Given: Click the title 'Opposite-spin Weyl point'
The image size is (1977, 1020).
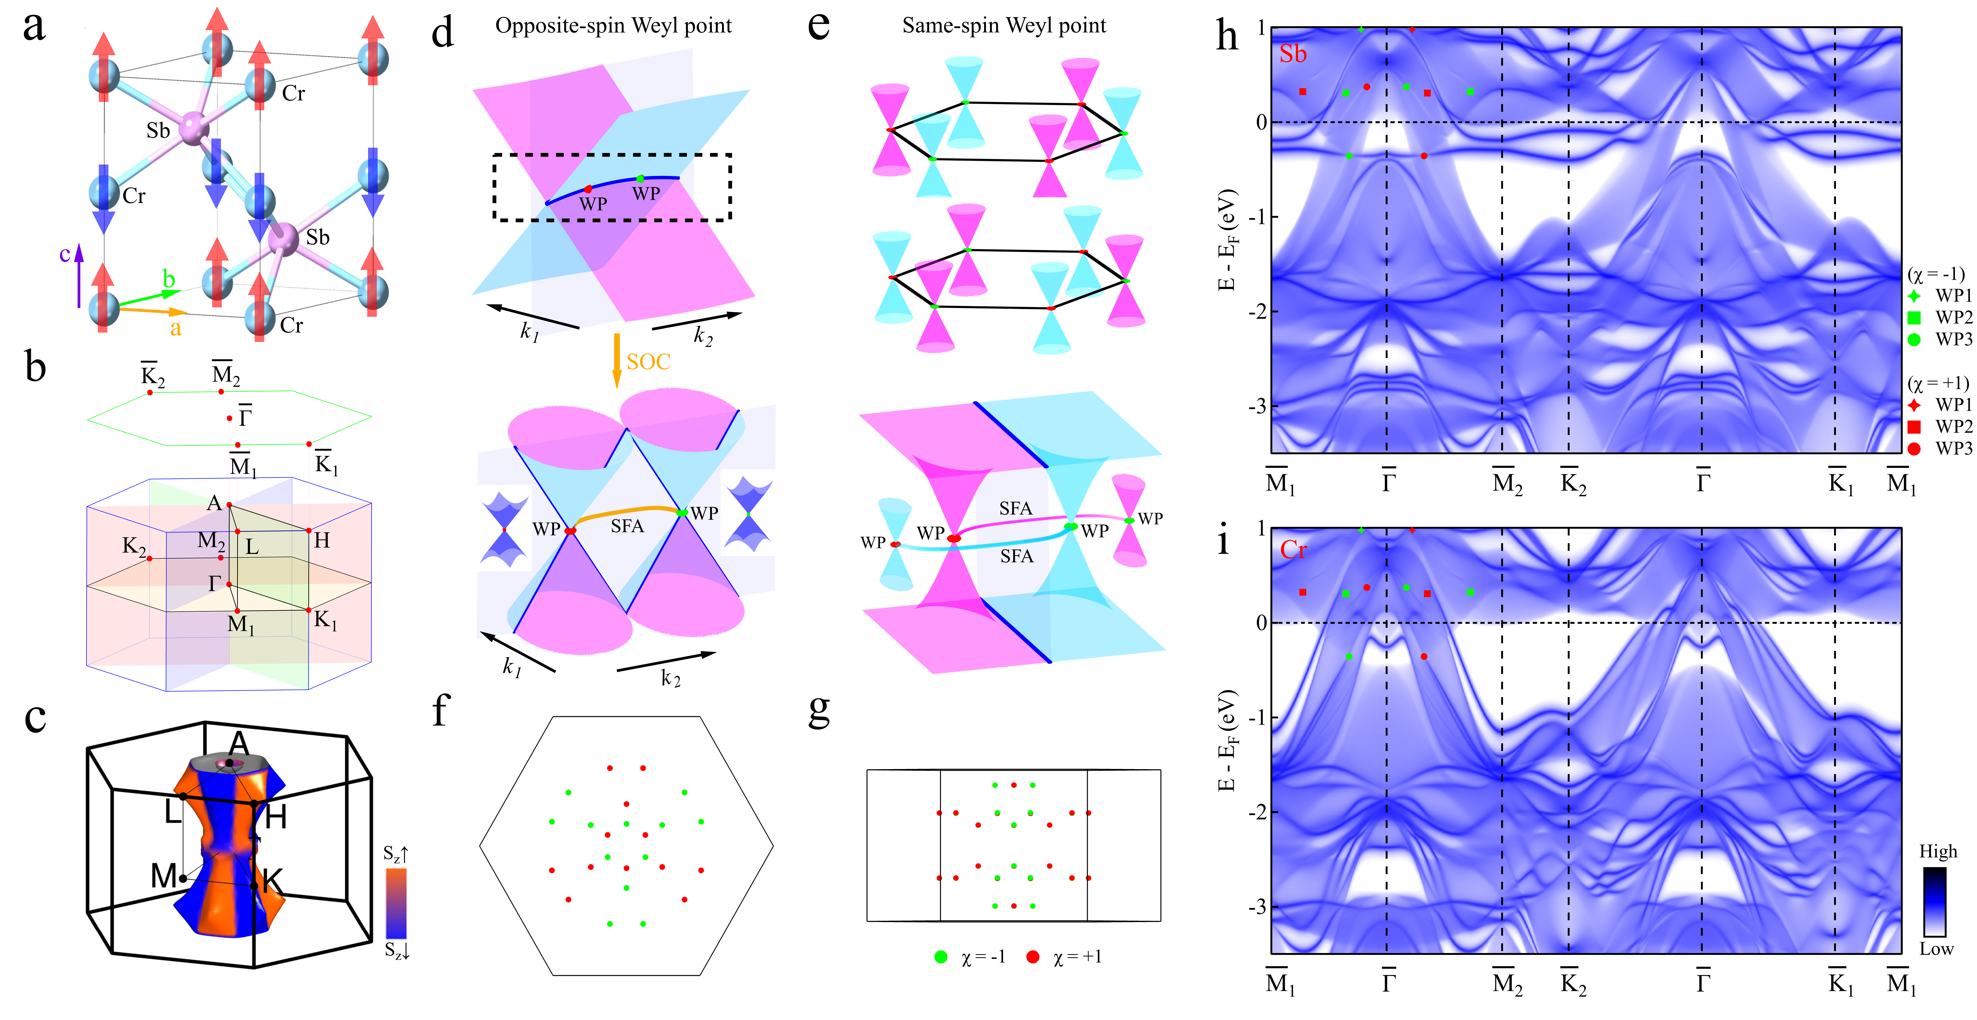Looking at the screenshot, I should coord(613,26).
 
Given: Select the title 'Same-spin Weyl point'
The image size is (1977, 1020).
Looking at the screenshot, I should coord(1004,26).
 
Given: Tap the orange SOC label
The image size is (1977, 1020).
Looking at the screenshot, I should coord(649,361).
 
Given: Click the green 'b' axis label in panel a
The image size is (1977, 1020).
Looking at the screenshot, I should coord(169,279).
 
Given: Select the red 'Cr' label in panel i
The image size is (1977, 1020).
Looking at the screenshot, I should coord(1293,550).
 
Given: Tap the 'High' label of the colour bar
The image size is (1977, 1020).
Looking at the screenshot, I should coord(1938,851).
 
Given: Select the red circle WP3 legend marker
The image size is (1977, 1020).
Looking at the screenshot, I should coord(1914,448).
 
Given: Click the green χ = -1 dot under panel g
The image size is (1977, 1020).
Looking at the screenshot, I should coord(941,957).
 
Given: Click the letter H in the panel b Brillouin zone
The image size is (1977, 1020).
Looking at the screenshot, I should coord(322,540).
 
